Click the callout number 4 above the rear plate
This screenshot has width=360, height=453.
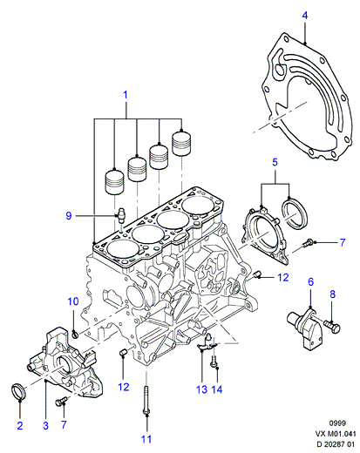point(304,16)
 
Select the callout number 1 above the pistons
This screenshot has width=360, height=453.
point(126,95)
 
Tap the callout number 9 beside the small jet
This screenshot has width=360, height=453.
point(69,216)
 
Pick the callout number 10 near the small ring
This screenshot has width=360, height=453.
point(73,301)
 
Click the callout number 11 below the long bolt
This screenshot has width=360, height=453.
point(146,439)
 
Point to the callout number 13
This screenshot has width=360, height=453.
point(201,389)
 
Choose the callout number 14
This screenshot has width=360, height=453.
point(217,389)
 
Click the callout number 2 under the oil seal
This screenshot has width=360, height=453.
point(20,426)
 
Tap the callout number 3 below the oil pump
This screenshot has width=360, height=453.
point(45,426)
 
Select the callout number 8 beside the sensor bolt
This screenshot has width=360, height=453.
point(332,294)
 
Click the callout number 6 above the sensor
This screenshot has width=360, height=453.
point(311,281)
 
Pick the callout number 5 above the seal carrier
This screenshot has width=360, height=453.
point(275,162)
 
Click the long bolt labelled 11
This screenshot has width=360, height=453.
point(146,401)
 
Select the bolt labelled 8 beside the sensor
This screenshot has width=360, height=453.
point(332,327)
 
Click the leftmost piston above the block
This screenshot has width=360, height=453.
point(114,182)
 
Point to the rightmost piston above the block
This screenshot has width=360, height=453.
point(181,144)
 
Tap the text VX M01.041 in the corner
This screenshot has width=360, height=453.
point(336,434)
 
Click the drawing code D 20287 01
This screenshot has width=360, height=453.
point(336,444)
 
